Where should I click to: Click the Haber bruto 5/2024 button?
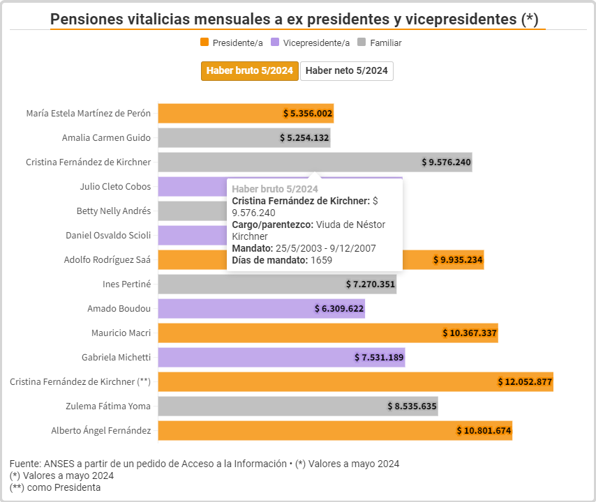coord(250,71)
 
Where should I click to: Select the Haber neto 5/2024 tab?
coord(347,71)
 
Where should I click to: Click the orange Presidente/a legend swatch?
coord(204,43)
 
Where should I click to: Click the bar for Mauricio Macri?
coord(327,333)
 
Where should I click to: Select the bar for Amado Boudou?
coord(261,308)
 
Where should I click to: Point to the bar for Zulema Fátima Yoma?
coord(297,406)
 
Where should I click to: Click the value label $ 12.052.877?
coord(525,381)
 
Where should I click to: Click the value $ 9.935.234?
coord(457,260)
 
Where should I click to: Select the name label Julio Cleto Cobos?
coord(115,186)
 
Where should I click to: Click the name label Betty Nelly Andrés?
coord(113,211)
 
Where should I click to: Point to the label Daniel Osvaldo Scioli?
coord(108,235)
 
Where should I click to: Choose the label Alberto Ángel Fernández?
coord(100,430)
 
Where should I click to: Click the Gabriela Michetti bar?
coord(281,357)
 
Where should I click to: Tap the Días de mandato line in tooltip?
coord(282,260)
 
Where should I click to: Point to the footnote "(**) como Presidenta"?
coord(55,487)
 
